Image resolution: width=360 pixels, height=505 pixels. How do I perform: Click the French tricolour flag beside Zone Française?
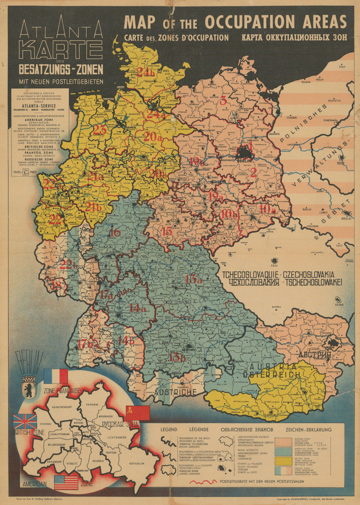(x=55, y=376)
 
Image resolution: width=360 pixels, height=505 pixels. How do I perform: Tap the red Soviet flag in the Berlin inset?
(x=137, y=413)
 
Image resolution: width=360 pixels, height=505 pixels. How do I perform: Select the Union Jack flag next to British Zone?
(x=24, y=422)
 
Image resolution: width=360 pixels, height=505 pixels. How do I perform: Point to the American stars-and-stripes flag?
(x=66, y=482)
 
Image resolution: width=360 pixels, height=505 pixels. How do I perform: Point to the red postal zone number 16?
(x=115, y=233)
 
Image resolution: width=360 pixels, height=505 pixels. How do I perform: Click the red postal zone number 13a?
(x=194, y=279)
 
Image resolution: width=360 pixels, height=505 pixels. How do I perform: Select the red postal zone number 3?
(x=223, y=100)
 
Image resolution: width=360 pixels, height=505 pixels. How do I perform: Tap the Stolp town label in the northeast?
(x=342, y=67)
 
